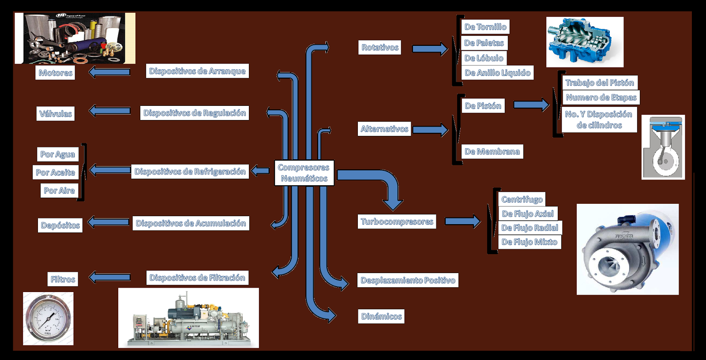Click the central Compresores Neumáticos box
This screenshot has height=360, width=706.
[x=304, y=173]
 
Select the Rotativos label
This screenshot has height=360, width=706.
[x=379, y=47]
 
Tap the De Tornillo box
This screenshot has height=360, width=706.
[x=485, y=27]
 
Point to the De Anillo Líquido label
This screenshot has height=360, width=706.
[x=497, y=73]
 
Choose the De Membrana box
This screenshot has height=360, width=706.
[x=492, y=151]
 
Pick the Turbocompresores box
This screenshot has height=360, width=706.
[x=397, y=221]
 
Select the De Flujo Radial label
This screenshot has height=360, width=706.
[x=529, y=228]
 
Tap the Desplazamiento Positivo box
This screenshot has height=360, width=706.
[x=408, y=280]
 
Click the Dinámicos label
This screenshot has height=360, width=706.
[x=381, y=316]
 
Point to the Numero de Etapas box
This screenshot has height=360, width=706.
[x=601, y=97]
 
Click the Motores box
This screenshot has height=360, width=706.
[x=55, y=73]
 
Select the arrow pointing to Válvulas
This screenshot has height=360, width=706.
[x=109, y=111]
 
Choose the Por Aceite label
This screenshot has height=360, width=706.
[x=56, y=172]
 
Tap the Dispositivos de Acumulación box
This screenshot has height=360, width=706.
[x=191, y=223]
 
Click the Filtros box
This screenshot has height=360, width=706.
[x=63, y=279]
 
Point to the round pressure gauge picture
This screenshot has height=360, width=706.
[x=48, y=319]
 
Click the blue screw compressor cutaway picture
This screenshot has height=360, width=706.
[x=585, y=42]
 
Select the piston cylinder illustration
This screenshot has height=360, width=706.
[x=663, y=147]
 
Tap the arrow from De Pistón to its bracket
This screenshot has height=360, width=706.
[x=531, y=105]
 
